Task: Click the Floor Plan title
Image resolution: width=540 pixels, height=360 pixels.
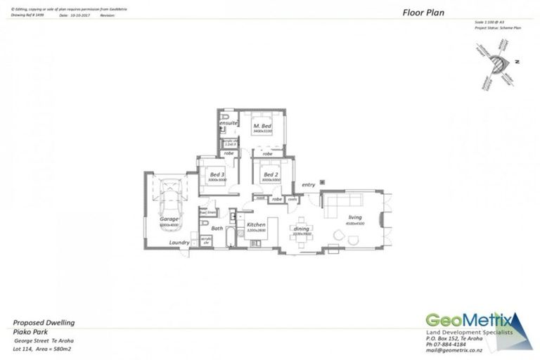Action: click(x=423, y=12)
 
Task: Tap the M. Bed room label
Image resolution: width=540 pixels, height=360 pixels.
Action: click(x=262, y=125)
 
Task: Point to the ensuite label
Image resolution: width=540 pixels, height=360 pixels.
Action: click(x=229, y=122)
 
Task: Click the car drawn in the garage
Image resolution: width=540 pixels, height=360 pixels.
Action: click(x=170, y=199)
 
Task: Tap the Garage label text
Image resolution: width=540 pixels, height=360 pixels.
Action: click(x=169, y=219)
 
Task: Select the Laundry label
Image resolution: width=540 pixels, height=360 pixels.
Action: click(x=179, y=243)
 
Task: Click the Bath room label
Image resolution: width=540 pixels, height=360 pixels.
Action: click(x=217, y=228)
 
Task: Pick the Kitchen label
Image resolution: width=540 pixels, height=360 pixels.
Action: click(x=255, y=225)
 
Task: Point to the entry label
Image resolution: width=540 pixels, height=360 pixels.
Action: click(x=309, y=185)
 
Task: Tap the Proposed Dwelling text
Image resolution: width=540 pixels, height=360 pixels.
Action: click(x=44, y=323)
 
